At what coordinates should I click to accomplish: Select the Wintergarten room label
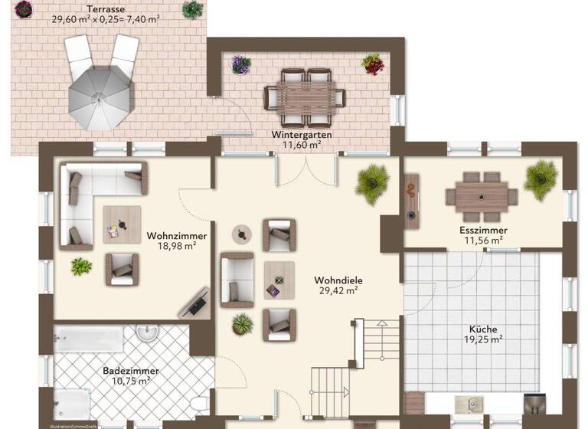302,134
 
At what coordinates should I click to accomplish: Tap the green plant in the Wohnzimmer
80,266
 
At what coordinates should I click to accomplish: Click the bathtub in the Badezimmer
89,339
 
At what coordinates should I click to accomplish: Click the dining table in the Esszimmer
482,195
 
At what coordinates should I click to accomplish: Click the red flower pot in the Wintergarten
373,64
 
